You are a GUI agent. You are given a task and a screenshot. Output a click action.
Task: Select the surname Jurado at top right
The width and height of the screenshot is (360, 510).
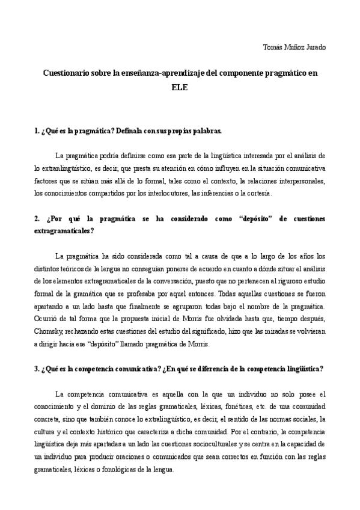click(313, 48)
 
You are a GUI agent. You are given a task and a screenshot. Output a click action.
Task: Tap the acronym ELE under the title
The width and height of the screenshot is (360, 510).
click(180, 87)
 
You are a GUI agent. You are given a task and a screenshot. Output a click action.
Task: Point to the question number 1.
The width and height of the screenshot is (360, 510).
click(37, 130)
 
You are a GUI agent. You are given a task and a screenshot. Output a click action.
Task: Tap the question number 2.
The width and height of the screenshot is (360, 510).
click(37, 219)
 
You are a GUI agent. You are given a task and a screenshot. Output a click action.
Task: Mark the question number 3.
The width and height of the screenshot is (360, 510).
click(37, 369)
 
